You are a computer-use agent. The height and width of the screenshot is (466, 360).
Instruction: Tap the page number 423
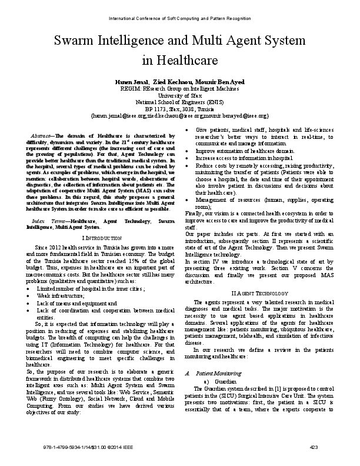(314, 449)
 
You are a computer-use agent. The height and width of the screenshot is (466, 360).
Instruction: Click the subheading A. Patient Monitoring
(215, 373)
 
